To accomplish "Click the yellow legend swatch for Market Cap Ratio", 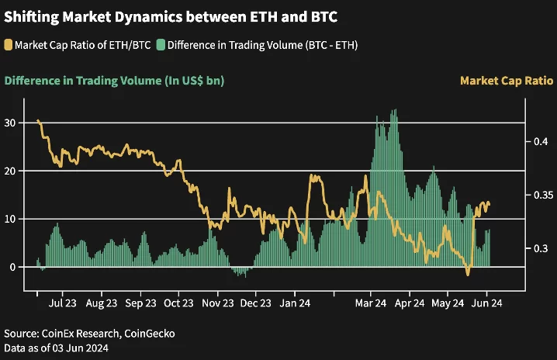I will [9, 44].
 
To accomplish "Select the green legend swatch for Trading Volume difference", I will [161, 44].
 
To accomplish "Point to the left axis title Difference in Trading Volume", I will [115, 80].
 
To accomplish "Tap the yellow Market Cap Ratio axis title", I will [506, 80].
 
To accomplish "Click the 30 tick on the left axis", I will [10, 123].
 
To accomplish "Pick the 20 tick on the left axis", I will [10, 171].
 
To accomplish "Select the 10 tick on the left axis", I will [10, 219].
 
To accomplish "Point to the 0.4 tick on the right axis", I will [541, 141].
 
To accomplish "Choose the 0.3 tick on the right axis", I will [541, 248].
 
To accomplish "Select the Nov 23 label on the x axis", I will [218, 303].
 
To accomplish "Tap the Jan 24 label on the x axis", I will [296, 303].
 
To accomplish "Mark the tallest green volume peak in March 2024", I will [395, 111].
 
